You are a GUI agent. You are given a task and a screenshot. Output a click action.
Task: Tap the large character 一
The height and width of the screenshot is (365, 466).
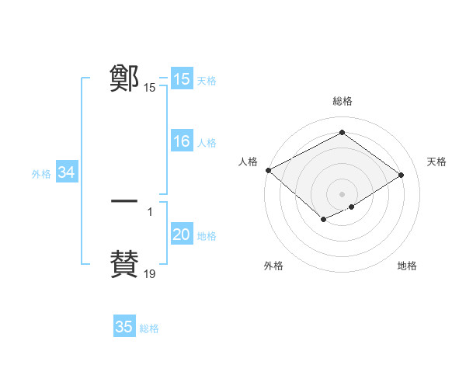[x=124, y=201]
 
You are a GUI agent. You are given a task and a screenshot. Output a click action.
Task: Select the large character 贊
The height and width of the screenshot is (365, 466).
[x=124, y=263]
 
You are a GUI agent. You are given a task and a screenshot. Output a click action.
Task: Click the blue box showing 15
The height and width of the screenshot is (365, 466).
[x=182, y=79]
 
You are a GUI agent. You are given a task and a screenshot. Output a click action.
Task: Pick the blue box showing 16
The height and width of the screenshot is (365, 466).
[x=182, y=142]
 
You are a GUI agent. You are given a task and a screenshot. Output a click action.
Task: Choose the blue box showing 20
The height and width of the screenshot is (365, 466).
[x=182, y=235]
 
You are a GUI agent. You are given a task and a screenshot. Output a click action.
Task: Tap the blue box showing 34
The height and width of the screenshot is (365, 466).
[x=67, y=173]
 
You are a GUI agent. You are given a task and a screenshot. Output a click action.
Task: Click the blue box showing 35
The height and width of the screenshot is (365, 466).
[x=124, y=327]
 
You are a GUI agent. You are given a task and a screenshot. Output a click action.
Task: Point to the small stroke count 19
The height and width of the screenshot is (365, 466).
[x=150, y=274]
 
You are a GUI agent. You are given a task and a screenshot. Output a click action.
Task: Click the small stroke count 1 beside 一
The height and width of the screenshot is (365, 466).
[x=150, y=212]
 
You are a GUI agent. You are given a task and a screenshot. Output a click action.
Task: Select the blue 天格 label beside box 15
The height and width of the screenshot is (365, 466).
[x=207, y=80]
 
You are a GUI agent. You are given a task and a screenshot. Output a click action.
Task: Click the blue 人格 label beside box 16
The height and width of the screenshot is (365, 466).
[x=207, y=143]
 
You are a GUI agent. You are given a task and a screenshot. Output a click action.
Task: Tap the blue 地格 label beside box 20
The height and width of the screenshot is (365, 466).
[x=207, y=236]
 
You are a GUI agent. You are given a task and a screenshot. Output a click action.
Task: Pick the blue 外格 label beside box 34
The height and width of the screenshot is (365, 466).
[x=41, y=174]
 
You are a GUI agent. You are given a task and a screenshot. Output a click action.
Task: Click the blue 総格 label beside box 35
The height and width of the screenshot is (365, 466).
[x=149, y=328]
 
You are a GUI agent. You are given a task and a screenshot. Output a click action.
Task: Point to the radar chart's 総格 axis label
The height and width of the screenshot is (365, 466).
[x=342, y=101]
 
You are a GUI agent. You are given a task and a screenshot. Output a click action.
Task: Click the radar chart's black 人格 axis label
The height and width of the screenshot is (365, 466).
[x=248, y=162]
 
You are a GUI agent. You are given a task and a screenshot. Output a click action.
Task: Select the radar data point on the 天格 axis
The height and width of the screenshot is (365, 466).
[x=401, y=176]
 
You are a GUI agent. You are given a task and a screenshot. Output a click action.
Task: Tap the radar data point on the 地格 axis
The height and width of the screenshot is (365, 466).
[x=352, y=207]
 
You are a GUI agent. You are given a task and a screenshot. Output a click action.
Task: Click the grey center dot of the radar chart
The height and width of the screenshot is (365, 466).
[x=342, y=193]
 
